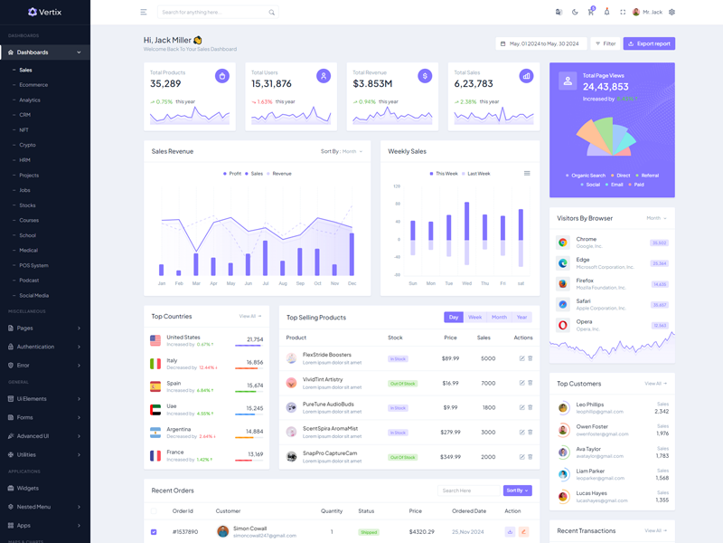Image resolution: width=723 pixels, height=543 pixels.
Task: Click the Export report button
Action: pyautogui.click(x=649, y=43)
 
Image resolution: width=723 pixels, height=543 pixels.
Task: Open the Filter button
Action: pyautogui.click(x=605, y=43)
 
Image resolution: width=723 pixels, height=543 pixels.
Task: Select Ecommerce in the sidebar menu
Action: pyautogui.click(x=33, y=85)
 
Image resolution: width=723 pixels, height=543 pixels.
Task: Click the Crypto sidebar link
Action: pyautogui.click(x=28, y=145)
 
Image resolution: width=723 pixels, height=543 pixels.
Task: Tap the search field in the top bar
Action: pyautogui.click(x=214, y=13)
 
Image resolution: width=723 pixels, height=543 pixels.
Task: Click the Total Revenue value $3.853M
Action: pyautogui.click(x=372, y=84)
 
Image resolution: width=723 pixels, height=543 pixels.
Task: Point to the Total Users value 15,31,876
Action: pyautogui.click(x=271, y=84)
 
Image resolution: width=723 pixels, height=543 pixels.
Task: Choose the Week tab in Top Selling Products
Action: pyautogui.click(x=474, y=318)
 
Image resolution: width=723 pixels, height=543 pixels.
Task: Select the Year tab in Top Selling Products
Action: pyautogui.click(x=521, y=318)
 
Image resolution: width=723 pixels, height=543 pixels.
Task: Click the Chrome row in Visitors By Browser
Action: pyautogui.click(x=612, y=243)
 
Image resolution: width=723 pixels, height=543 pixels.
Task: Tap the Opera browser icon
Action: pyautogui.click(x=563, y=325)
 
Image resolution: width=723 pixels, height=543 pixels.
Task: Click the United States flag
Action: pyautogui.click(x=155, y=340)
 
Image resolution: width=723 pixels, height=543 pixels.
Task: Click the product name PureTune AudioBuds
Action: pyautogui.click(x=328, y=404)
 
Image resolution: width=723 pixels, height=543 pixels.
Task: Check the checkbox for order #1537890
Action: pyautogui.click(x=154, y=532)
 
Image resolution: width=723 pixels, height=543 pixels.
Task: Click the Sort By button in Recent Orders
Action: pyautogui.click(x=517, y=491)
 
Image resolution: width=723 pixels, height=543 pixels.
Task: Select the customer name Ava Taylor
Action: pyautogui.click(x=589, y=449)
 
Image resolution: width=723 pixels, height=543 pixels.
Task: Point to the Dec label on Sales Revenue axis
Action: pyautogui.click(x=352, y=283)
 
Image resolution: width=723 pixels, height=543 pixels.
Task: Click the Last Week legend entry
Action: pyautogui.click(x=477, y=174)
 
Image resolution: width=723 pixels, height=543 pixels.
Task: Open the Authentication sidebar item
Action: pyautogui.click(x=36, y=347)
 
